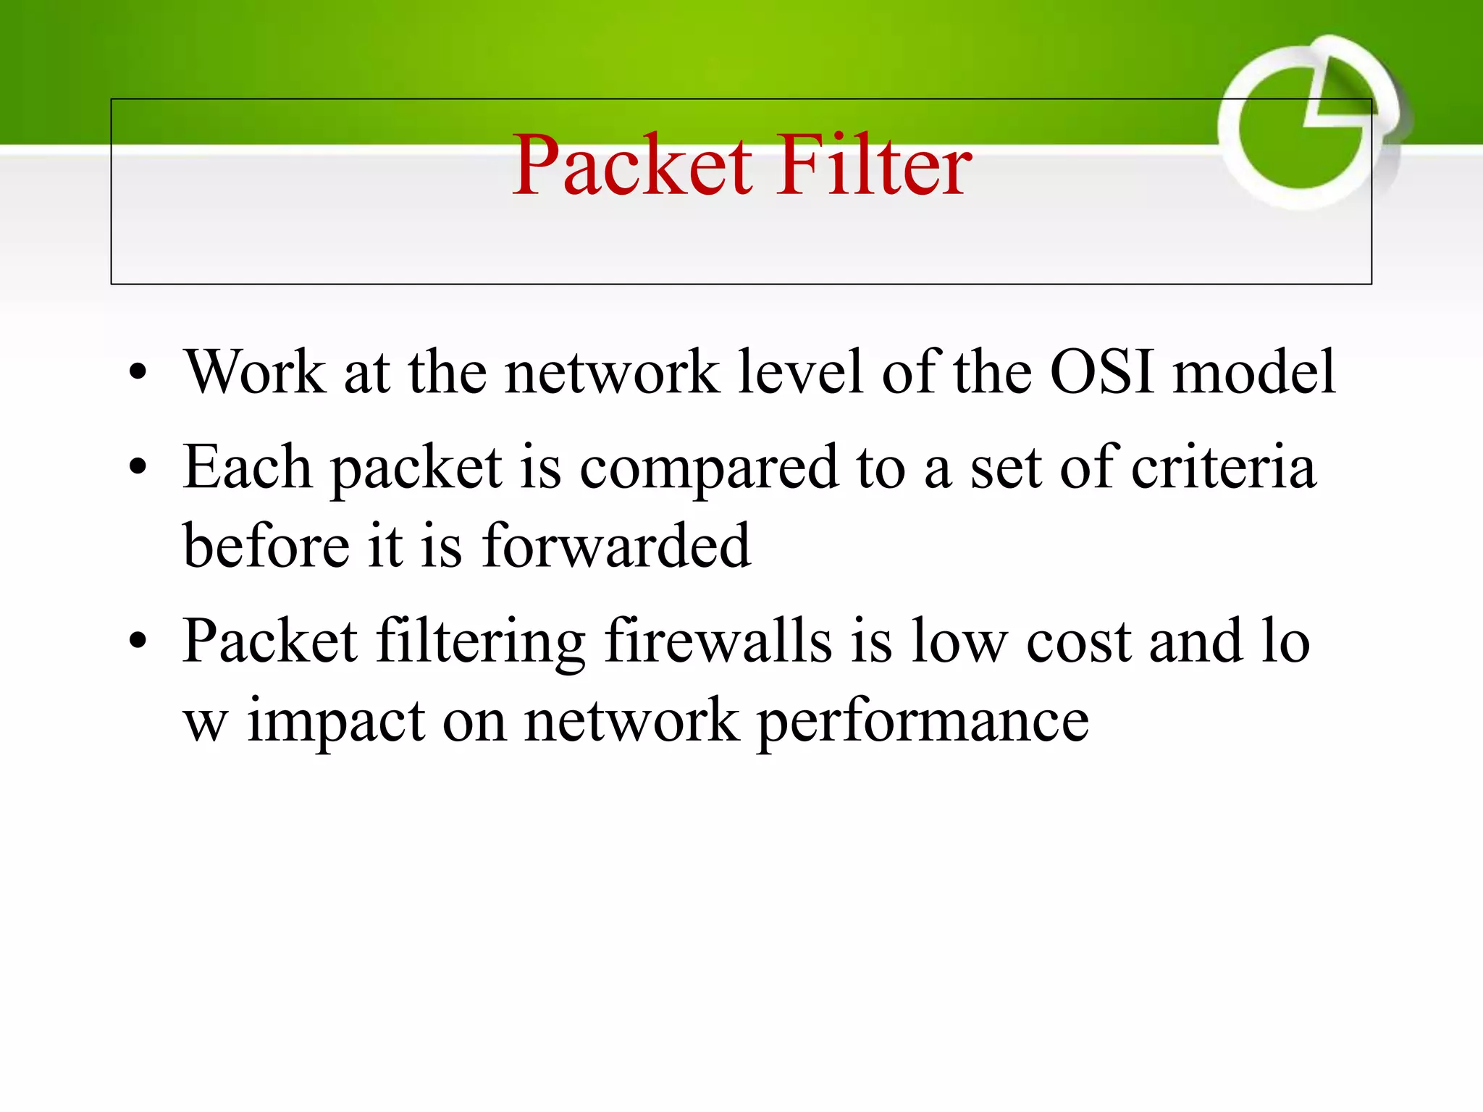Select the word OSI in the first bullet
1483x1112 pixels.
click(x=1101, y=371)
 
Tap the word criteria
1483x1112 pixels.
click(x=1224, y=468)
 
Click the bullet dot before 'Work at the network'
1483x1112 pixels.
click(x=138, y=373)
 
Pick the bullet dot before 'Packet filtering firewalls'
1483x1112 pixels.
click(x=138, y=641)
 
